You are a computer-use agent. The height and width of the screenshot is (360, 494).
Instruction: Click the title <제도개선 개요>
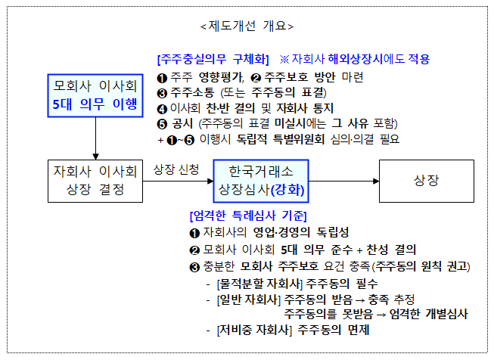pyautogui.click(x=247, y=26)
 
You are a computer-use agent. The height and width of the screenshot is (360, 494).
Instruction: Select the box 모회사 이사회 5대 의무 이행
pyautogui.click(x=95, y=96)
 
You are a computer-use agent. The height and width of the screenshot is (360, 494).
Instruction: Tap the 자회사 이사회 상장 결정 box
pyautogui.click(x=95, y=181)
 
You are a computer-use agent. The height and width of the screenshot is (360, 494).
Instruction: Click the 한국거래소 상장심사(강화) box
pyautogui.click(x=261, y=181)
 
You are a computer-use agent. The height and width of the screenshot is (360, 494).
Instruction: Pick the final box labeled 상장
pyautogui.click(x=427, y=181)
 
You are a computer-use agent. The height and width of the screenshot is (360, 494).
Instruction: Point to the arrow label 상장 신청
pyautogui.click(x=176, y=169)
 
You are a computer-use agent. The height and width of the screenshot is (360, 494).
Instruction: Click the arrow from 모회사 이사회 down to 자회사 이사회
pyautogui.click(x=95, y=138)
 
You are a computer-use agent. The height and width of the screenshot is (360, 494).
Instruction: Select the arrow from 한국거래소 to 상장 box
pyautogui.click(x=343, y=181)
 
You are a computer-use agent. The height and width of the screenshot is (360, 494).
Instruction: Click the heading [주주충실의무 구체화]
pyautogui.click(x=213, y=59)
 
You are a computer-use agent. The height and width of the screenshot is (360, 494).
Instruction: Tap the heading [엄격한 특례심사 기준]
pyautogui.click(x=248, y=216)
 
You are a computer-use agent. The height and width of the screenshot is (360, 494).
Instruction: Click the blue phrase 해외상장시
pyautogui.click(x=356, y=59)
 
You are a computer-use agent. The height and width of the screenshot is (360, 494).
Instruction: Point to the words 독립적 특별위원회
pyautogui.click(x=281, y=139)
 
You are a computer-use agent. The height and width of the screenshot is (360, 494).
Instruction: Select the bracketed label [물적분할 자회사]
pyautogui.click(x=259, y=284)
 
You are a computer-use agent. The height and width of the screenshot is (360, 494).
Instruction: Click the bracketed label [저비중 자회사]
pyautogui.click(x=254, y=330)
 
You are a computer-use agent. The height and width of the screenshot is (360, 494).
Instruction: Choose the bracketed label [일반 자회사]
pyautogui.click(x=249, y=299)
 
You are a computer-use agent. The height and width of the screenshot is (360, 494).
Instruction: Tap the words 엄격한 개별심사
pyautogui.click(x=428, y=314)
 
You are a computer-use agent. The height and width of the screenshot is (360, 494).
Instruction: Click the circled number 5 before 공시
pyautogui.click(x=162, y=124)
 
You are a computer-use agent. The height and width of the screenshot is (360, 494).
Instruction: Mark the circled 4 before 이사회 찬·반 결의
pyautogui.click(x=162, y=109)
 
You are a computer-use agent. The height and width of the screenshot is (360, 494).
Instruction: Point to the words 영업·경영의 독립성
pyautogui.click(x=301, y=232)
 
